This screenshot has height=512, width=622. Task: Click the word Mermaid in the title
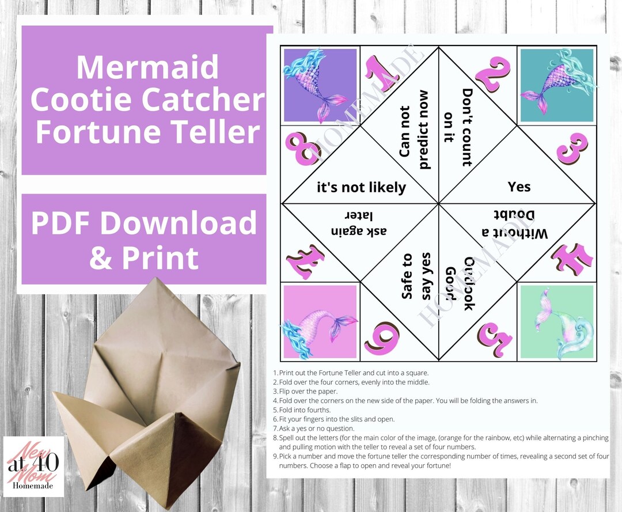tap(147, 67)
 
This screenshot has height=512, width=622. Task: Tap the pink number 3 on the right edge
tap(572, 148)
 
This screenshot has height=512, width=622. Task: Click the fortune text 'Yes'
tap(519, 187)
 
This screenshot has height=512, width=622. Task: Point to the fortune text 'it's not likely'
tap(362, 187)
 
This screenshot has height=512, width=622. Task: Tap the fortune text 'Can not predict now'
tap(415, 130)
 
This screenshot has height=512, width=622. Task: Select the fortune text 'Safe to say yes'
tap(416, 276)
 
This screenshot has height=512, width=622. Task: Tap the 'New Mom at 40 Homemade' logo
tap(33, 467)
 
